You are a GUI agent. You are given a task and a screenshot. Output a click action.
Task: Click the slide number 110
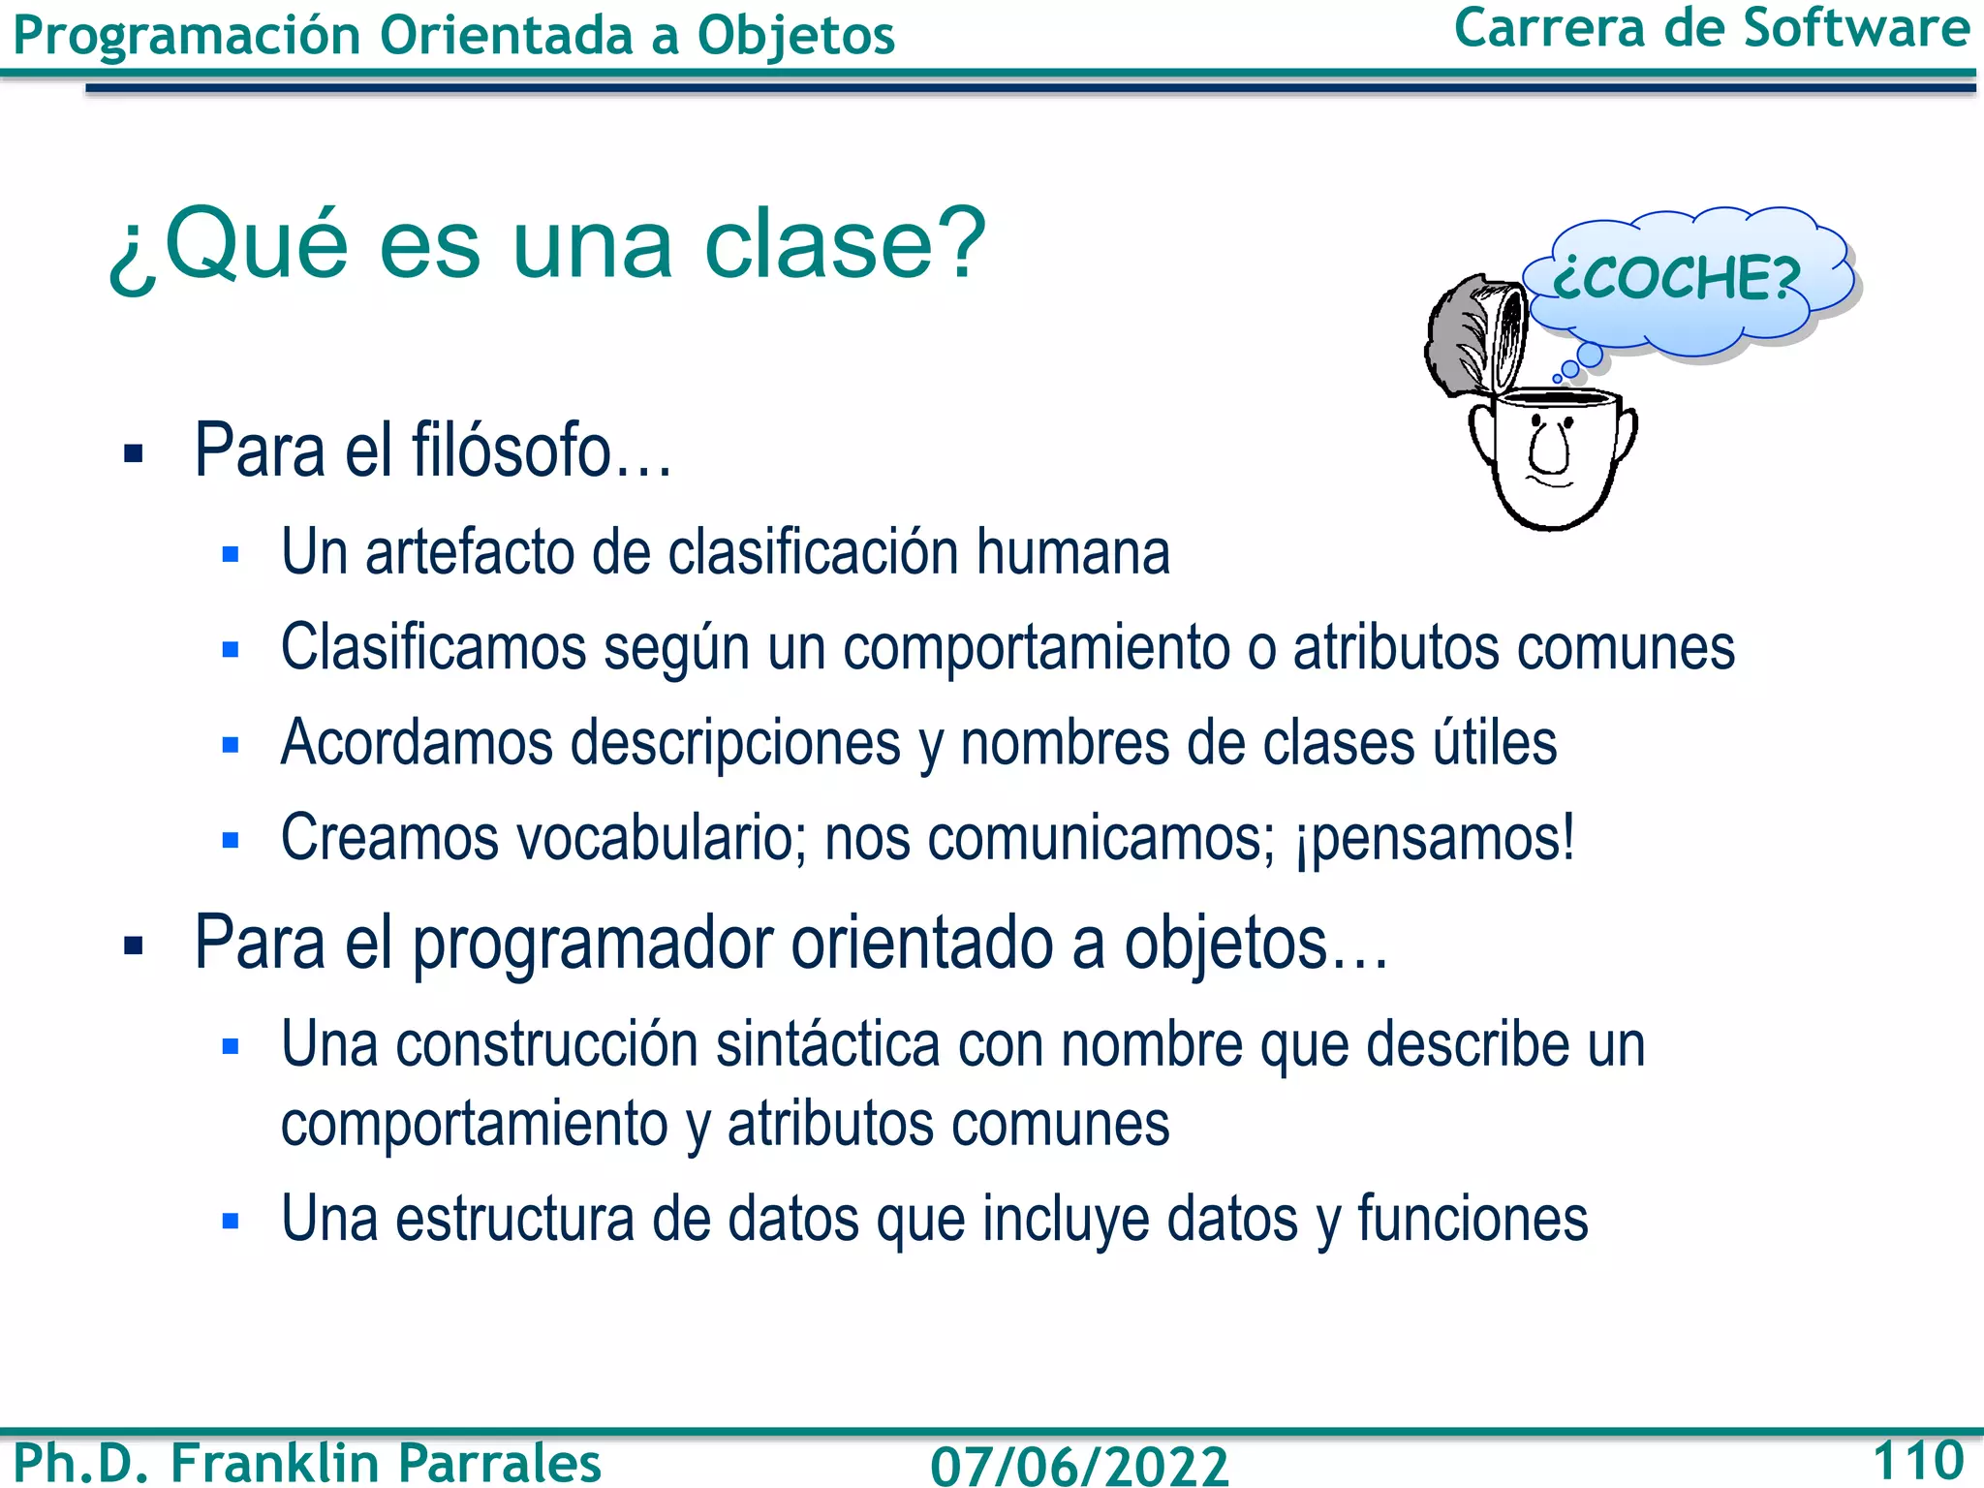tap(1917, 1460)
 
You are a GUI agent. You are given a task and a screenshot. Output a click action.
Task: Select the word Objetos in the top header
tap(795, 36)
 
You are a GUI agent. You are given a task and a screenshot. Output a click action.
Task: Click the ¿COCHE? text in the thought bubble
tap(1676, 278)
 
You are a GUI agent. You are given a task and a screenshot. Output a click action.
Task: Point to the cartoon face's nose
tap(1552, 449)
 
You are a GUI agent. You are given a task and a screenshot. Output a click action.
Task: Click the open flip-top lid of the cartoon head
tap(1477, 334)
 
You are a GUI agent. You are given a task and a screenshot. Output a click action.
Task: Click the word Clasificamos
tap(433, 647)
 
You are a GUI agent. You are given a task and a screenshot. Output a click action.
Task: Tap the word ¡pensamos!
tap(1435, 838)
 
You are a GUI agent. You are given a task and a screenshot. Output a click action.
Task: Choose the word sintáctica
tap(828, 1045)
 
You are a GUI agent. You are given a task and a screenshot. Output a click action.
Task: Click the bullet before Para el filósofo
tap(134, 453)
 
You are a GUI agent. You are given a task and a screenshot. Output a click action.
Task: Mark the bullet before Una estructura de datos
tap(231, 1221)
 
